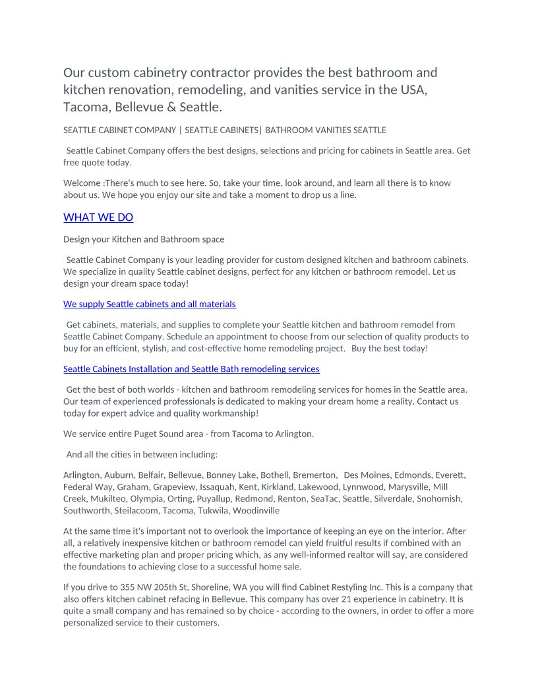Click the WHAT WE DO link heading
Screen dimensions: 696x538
[98, 217]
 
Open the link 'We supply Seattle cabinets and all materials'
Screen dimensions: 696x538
[150, 304]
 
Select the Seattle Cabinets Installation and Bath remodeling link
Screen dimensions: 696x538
[191, 369]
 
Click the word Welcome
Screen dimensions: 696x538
[82, 183]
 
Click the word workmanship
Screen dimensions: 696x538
[227, 413]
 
